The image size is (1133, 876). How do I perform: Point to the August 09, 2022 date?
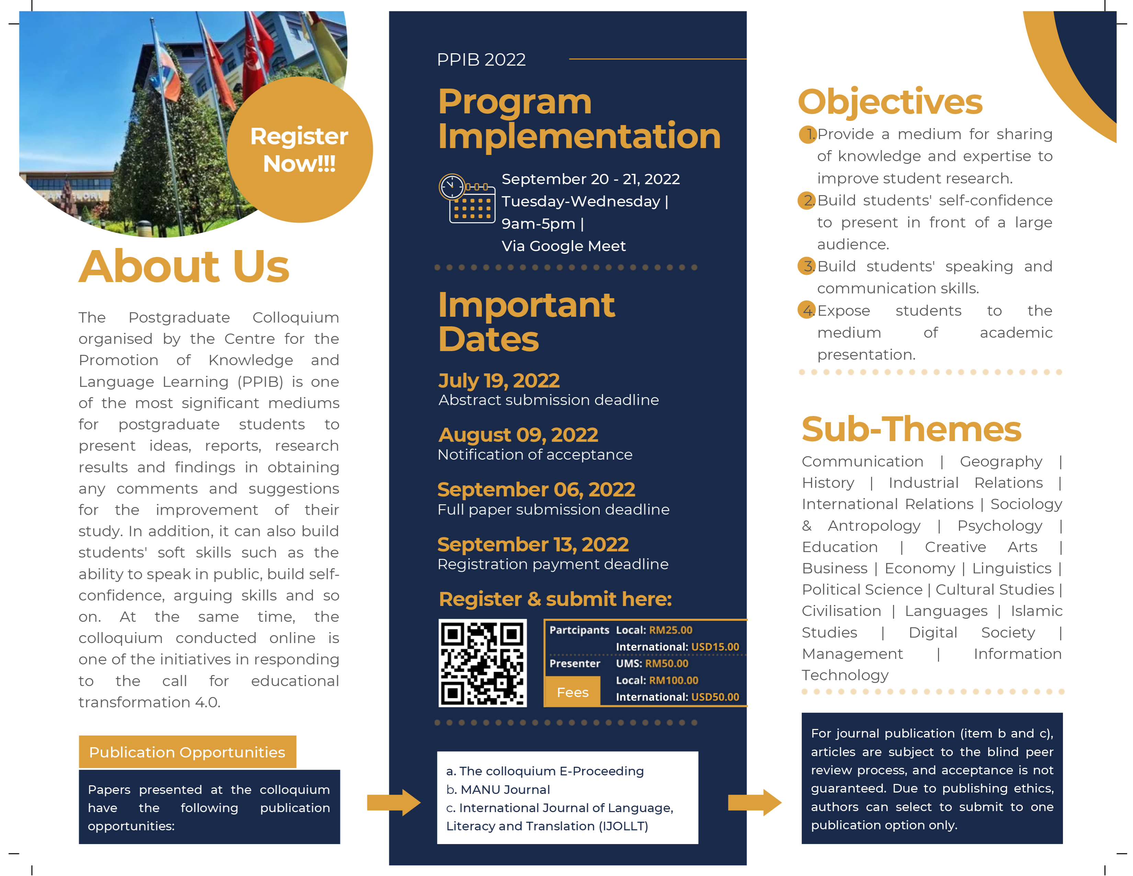coord(518,435)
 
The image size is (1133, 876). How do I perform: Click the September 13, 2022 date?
coord(533,544)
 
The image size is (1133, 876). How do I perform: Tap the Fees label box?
coord(572,692)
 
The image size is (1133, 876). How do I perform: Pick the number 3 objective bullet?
coord(807,266)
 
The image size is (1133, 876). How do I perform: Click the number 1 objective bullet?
coord(808,134)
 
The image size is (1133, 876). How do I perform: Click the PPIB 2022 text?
coord(481,60)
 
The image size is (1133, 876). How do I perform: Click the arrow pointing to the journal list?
coord(393,802)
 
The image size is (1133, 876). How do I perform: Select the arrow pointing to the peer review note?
coord(754,802)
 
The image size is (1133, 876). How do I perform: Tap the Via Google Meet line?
coord(563,246)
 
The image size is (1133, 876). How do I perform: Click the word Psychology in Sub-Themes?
coord(1000,526)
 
